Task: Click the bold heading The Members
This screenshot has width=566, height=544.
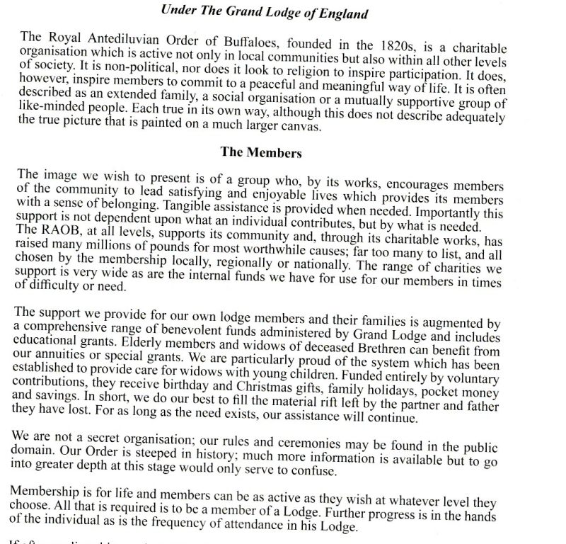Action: tap(261, 152)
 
